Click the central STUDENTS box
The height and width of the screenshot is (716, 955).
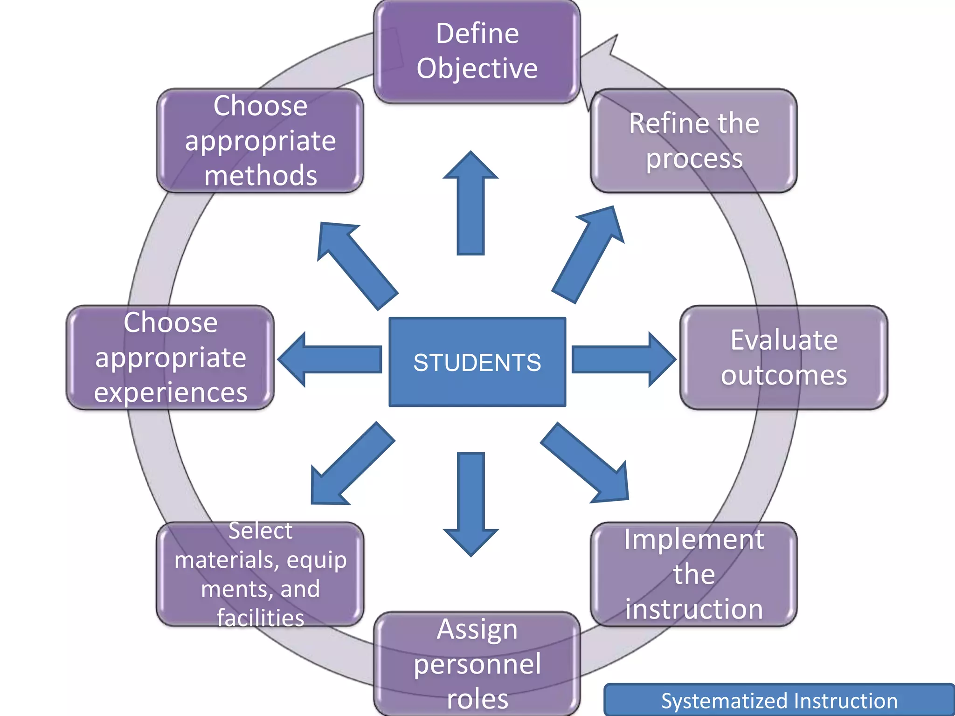pos(477,362)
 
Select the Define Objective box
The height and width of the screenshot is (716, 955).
pos(477,51)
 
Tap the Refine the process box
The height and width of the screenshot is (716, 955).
pos(693,140)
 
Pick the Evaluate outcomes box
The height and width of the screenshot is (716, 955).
pos(783,358)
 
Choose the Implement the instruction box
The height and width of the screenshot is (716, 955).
pos(693,574)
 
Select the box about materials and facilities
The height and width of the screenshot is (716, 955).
pos(260,574)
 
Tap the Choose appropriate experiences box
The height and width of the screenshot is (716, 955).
pos(170,358)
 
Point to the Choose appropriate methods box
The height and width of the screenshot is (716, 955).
pos(260,140)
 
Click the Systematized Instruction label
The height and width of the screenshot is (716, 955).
pos(779,701)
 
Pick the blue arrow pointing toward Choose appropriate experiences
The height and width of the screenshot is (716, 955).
pos(331,359)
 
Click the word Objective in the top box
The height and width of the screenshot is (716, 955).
pos(477,69)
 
